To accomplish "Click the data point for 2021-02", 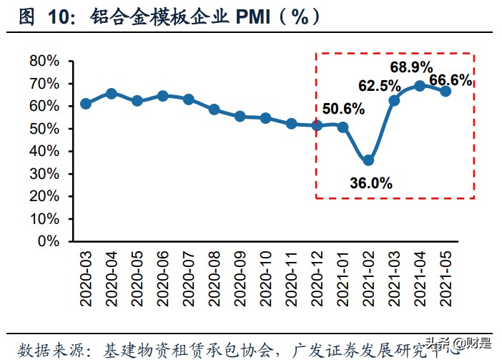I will tap(368, 160).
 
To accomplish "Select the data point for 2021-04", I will tap(420, 86).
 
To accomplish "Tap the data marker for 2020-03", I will tap(86, 104).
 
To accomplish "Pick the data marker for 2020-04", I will tap(112, 94).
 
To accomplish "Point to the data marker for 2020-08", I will tap(214, 110).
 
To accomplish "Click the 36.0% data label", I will tap(371, 183).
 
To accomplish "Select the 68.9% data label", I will tap(411, 67).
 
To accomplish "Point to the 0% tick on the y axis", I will tap(49, 241).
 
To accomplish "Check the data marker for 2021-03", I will tap(394, 100).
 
